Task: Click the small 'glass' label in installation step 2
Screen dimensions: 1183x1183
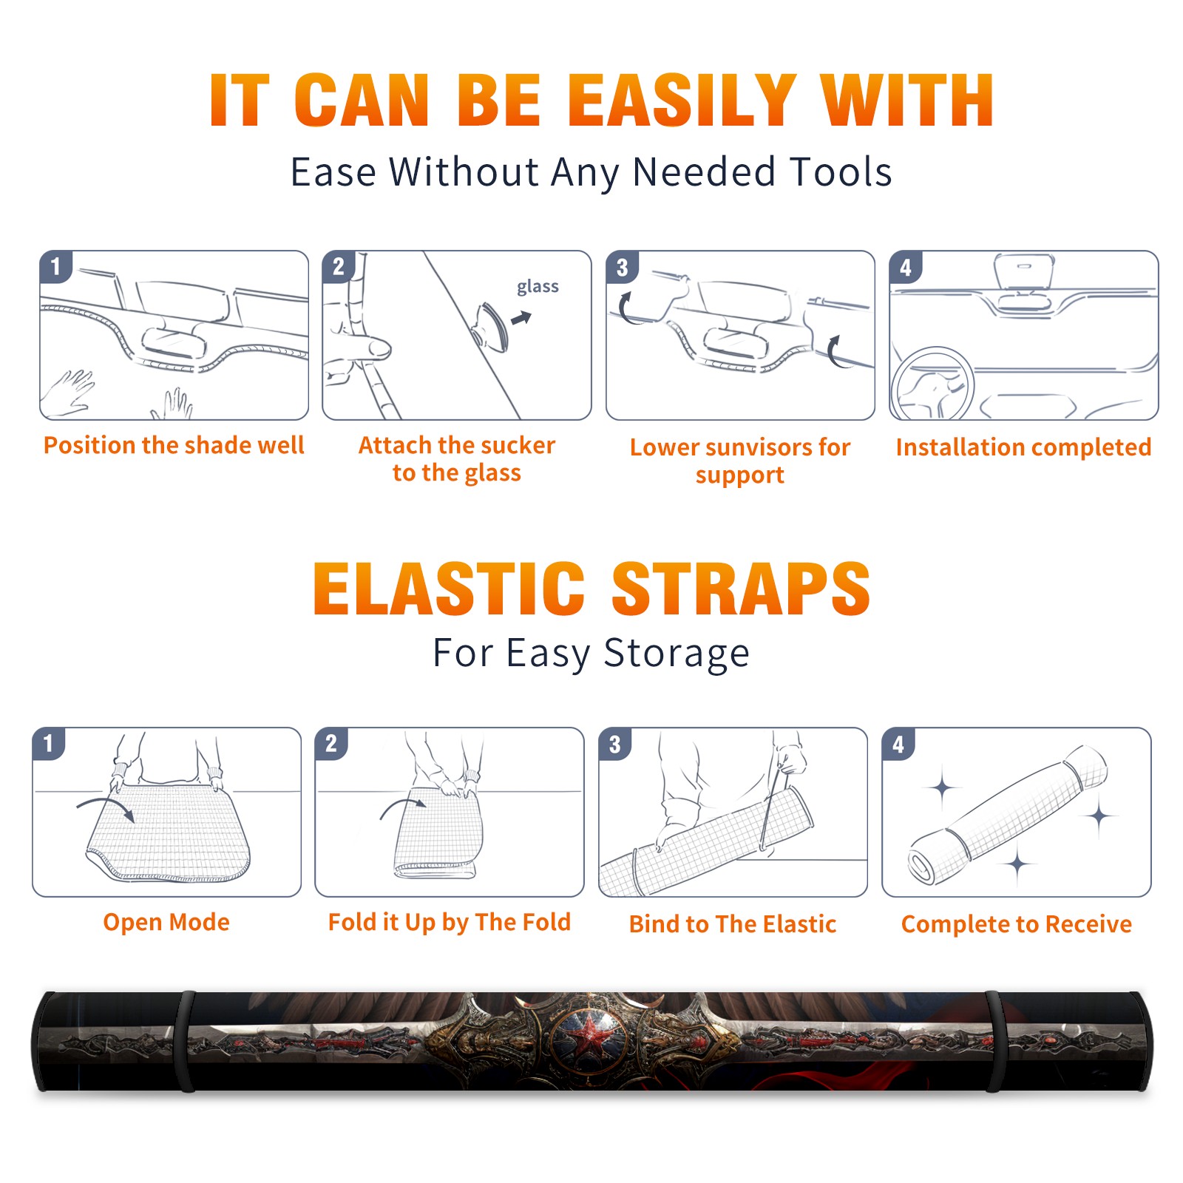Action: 538,286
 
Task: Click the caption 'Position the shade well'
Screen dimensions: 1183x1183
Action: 174,445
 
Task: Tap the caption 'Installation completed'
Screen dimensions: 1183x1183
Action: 1023,447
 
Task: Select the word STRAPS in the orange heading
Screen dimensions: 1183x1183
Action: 741,589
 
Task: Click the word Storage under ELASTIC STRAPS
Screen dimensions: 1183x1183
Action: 677,654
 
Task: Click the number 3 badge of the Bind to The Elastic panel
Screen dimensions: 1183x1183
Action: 615,744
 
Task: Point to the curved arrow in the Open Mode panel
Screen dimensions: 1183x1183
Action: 106,807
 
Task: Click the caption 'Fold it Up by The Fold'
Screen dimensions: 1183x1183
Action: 450,922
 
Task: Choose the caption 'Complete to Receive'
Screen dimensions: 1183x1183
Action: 1017,924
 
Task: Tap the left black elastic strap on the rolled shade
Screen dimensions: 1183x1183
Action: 186,1042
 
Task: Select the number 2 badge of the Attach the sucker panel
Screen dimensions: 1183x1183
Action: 339,266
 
